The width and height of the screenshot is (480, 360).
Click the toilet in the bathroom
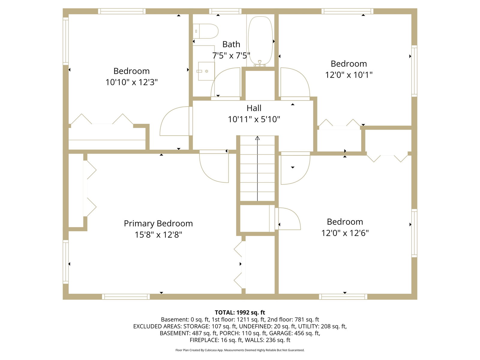(x=205, y=31)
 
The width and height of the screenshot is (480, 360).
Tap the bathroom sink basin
(x=206, y=71)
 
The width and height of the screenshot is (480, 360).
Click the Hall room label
(x=254, y=108)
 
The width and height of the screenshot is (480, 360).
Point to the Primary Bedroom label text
(x=158, y=223)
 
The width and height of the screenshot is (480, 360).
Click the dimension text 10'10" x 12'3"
(x=131, y=82)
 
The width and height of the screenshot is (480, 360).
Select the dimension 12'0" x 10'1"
(x=349, y=75)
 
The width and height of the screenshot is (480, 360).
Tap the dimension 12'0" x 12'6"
(x=345, y=233)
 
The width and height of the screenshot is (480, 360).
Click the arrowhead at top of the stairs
(x=257, y=138)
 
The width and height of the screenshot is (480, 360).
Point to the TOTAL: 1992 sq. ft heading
(x=240, y=312)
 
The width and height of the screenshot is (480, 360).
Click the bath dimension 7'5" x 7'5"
(x=231, y=55)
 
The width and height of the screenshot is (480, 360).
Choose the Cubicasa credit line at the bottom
(x=240, y=350)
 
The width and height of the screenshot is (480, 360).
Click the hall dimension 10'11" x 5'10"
(x=254, y=119)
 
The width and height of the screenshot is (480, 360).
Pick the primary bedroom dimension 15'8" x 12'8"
(x=158, y=235)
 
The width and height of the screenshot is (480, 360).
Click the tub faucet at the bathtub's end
(x=260, y=63)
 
